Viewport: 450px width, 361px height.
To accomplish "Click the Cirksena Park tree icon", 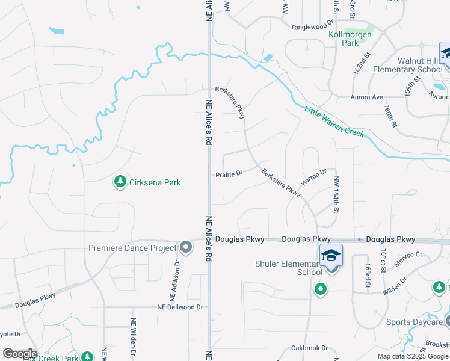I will [x=121, y=181].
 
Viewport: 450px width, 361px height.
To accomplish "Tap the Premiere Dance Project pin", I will [x=186, y=247].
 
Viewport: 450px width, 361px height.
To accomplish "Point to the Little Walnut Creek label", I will [x=334, y=121].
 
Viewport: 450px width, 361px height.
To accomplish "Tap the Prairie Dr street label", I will [x=229, y=174].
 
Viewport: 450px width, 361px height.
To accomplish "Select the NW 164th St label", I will [x=337, y=193].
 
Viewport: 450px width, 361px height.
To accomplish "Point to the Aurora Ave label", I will [x=368, y=97].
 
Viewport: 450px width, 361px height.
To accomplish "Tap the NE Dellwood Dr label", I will [x=180, y=307].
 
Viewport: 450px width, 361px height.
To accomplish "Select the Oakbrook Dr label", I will [x=309, y=348].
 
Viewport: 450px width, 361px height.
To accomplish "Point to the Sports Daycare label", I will [x=414, y=322].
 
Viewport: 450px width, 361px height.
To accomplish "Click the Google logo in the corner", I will [x=19, y=354].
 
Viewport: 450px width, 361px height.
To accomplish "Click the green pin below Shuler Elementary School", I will [x=321, y=290].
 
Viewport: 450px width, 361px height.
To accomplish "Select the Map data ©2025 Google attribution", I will [x=413, y=356].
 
